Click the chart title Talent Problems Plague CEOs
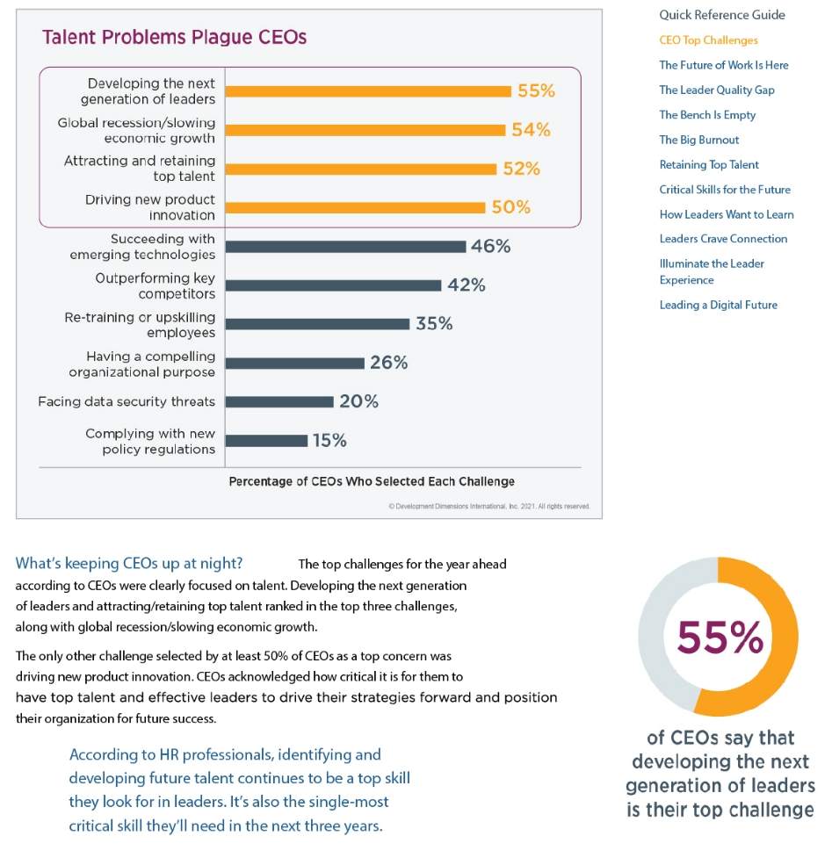click(x=174, y=38)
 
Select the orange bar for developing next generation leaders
click(x=368, y=91)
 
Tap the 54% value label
click(x=531, y=130)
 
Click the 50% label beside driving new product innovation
click(x=510, y=207)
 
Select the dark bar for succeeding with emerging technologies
click(x=345, y=247)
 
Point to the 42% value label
click(x=466, y=285)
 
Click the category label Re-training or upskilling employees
click(x=140, y=324)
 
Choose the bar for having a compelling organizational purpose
click(x=295, y=363)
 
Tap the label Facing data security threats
click(x=127, y=401)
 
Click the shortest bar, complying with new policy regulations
click(x=267, y=441)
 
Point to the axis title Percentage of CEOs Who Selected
click(x=372, y=481)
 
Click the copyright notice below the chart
click(x=488, y=507)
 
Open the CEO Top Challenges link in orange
click(x=708, y=40)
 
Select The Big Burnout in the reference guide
click(x=698, y=140)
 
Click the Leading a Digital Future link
click(x=718, y=305)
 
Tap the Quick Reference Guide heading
click(x=722, y=15)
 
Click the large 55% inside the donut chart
click(x=720, y=638)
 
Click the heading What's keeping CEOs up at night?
click(x=129, y=563)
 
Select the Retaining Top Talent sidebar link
click(x=708, y=164)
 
